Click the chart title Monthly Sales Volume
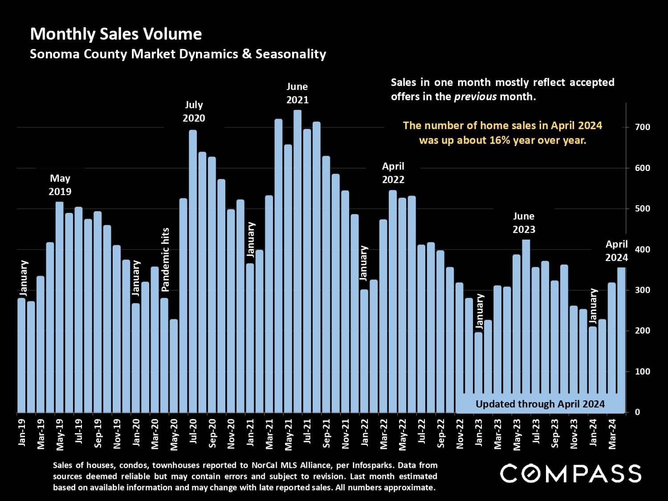point(116,34)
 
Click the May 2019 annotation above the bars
point(60,185)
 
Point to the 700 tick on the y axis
point(643,127)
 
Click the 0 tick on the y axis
point(638,412)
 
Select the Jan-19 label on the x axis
point(22,432)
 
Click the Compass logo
point(570,473)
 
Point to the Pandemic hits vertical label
point(165,260)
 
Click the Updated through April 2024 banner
point(540,404)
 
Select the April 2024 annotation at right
point(616,251)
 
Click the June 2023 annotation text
point(524,223)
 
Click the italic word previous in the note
point(475,97)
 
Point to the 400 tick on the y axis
point(643,249)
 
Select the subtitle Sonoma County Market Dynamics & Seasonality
point(178,54)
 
